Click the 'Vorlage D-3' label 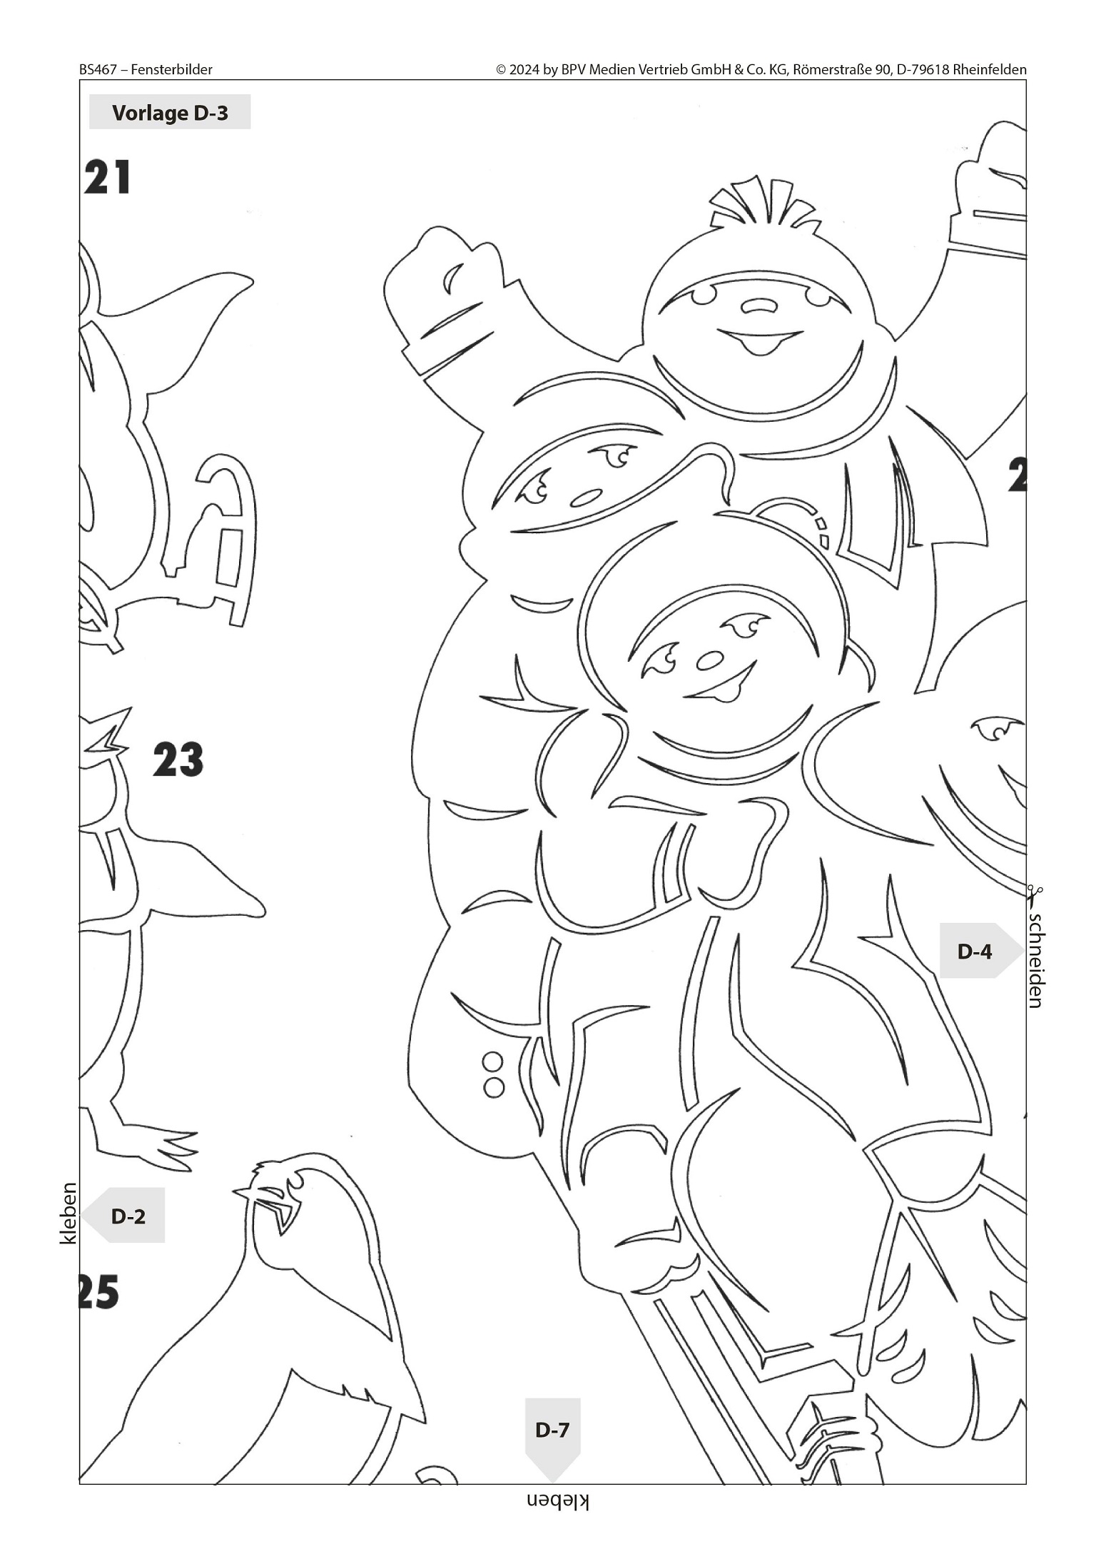(170, 113)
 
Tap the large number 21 (108, 177)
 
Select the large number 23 (178, 760)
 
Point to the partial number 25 (99, 1293)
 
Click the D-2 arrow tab (123, 1216)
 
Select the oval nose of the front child (709, 660)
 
